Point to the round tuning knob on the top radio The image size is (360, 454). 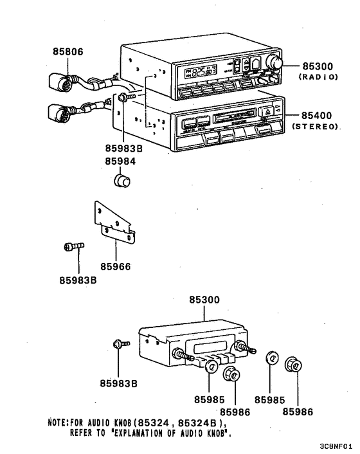pos(277,62)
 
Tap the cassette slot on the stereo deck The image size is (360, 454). pos(237,118)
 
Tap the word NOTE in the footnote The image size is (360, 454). pos(59,422)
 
